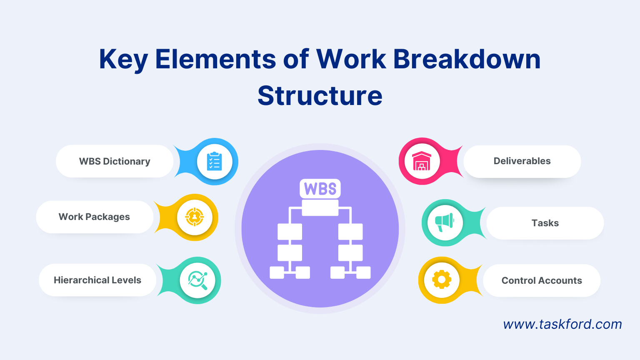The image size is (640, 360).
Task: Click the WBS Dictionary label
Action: click(115, 161)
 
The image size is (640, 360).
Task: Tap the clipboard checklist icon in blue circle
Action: click(215, 162)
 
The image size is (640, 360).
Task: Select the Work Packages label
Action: click(94, 217)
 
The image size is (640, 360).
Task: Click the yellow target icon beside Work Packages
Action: click(195, 217)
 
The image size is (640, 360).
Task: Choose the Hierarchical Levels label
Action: click(97, 280)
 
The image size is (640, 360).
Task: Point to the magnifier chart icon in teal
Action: click(197, 280)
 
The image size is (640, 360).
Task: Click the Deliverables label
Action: click(522, 161)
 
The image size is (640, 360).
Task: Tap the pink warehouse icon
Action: click(422, 161)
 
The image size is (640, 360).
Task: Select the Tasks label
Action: click(545, 223)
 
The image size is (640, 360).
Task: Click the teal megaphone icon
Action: click(445, 222)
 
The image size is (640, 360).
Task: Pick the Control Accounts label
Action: click(541, 280)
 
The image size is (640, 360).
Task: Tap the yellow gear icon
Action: click(442, 280)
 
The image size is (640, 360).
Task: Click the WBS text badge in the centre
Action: click(320, 189)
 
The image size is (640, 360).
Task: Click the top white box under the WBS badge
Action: click(320, 207)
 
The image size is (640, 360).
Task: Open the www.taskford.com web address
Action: click(562, 324)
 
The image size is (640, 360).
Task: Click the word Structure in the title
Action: click(320, 96)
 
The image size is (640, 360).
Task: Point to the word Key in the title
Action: click(123, 59)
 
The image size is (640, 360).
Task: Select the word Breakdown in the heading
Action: click(467, 59)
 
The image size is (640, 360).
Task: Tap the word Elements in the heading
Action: click(215, 59)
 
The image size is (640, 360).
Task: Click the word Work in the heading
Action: click(351, 59)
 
